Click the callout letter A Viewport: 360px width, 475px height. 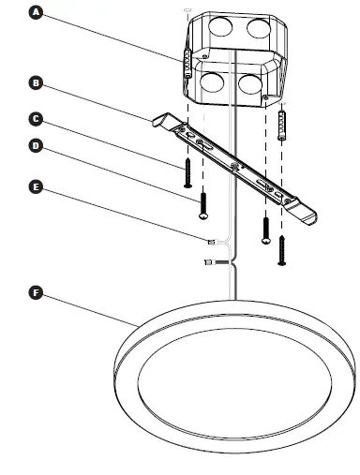coord(37,13)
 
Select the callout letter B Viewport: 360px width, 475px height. coord(37,83)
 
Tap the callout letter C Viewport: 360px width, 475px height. coord(37,119)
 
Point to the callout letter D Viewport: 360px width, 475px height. coord(37,146)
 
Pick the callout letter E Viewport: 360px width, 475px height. coord(37,187)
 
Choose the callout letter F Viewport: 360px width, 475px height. coord(37,293)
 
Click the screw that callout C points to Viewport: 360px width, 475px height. coord(187,172)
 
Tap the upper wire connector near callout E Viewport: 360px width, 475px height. coord(210,244)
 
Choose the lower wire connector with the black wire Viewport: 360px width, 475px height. coord(207,263)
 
